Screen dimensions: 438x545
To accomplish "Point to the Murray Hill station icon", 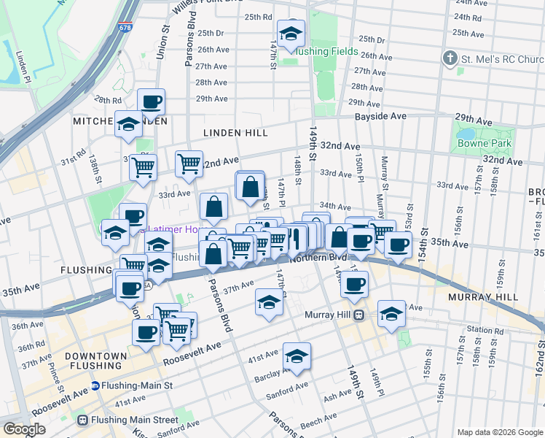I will (358, 315).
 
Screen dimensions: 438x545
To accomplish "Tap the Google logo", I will (24, 429).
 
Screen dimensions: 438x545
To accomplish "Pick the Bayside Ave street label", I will (380, 116).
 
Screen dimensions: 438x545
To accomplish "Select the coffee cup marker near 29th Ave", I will (151, 102).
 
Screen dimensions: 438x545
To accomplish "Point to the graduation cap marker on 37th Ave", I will (269, 302).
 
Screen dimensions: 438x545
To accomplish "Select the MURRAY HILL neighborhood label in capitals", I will (483, 297).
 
